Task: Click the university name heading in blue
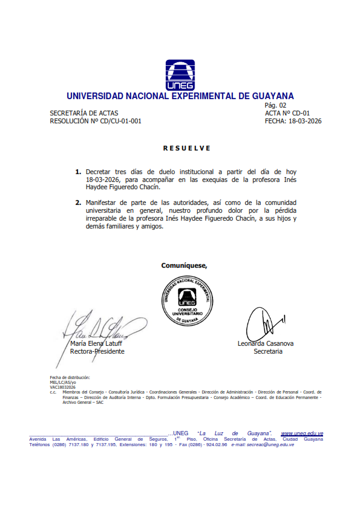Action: (x=180, y=96)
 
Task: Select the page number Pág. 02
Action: (x=276, y=105)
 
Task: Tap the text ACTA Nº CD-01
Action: (x=287, y=113)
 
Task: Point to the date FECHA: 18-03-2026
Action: (x=293, y=121)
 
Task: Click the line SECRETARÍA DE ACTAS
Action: (x=84, y=113)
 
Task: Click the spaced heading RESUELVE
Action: (x=187, y=148)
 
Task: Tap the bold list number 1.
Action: (x=78, y=172)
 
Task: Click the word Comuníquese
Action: (x=184, y=265)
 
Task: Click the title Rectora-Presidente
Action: (x=97, y=351)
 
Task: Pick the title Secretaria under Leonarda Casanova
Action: (x=267, y=351)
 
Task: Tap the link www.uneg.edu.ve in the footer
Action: (x=302, y=433)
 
